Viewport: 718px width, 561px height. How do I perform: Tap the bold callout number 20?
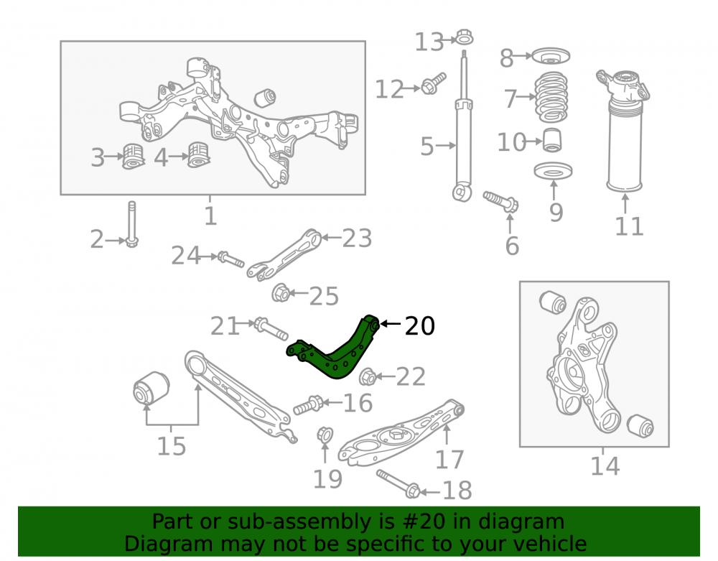420,326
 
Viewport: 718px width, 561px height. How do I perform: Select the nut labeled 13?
465,37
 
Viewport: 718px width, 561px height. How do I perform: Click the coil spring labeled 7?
551,97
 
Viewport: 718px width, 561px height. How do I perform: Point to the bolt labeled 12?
433,83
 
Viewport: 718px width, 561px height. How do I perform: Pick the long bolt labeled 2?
132,224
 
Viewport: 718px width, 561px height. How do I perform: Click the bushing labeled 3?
134,156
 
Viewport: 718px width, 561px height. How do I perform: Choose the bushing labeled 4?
199,154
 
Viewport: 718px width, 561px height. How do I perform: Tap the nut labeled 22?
368,376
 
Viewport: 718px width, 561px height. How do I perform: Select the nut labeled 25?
280,292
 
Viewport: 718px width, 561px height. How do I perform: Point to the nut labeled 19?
325,435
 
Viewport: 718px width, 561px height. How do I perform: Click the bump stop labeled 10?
552,140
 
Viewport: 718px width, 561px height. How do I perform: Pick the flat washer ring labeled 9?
553,171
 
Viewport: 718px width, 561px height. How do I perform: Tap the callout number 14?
605,466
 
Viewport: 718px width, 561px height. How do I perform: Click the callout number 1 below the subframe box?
210,215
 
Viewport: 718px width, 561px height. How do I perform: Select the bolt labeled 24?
230,259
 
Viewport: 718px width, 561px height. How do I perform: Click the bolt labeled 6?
500,202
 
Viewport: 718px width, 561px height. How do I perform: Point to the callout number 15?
172,446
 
